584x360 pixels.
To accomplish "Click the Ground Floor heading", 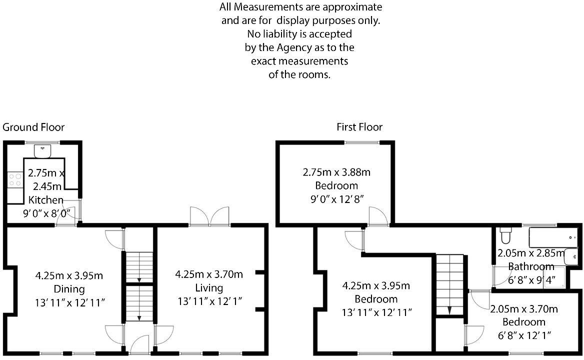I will pos(33,127).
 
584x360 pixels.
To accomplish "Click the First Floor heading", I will pos(359,127).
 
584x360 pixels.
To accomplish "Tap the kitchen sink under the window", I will pos(43,149).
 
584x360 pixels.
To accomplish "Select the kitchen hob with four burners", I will pos(14,179).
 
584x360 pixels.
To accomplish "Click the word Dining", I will pos(69,288).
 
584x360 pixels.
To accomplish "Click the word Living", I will pos(209,288).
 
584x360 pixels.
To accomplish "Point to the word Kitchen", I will pos(46,200).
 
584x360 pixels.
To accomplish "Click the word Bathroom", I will pos(531,266).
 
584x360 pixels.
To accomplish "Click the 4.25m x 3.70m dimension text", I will pos(209,274).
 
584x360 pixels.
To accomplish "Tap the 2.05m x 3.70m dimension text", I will pos(524,309).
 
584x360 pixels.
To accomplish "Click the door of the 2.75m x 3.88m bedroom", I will pos(377,217).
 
